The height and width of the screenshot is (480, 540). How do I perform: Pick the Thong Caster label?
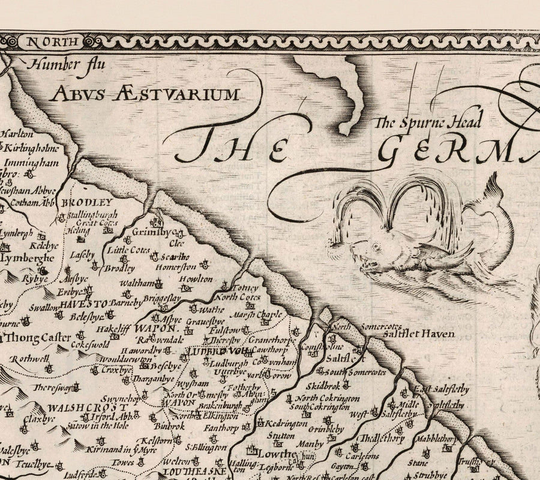[38, 338]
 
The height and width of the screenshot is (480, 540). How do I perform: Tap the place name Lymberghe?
[27, 259]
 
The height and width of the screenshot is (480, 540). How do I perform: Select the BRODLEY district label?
[91, 203]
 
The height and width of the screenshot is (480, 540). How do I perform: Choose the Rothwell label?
[27, 359]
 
